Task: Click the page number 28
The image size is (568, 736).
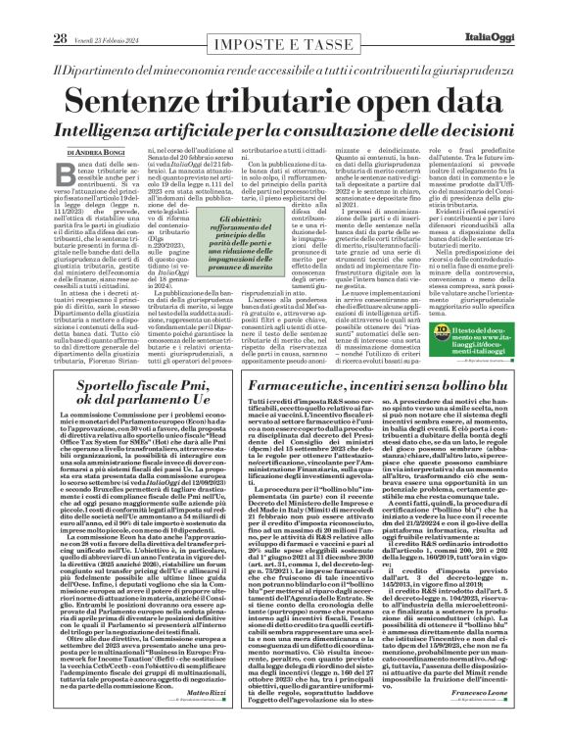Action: [x=32, y=11]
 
